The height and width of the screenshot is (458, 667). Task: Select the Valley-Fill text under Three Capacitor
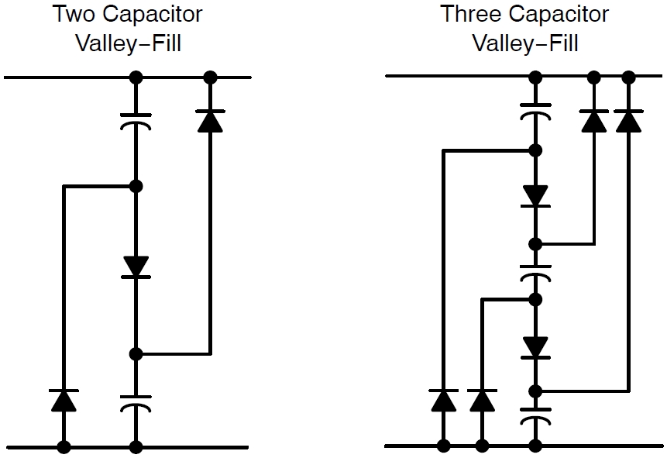click(524, 43)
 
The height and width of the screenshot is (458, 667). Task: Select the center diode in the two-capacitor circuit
click(136, 266)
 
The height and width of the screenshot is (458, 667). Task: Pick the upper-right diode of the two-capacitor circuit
click(209, 121)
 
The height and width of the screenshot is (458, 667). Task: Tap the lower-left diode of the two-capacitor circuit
click(64, 400)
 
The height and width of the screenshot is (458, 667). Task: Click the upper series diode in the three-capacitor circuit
click(534, 195)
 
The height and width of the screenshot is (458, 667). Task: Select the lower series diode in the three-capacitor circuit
click(534, 346)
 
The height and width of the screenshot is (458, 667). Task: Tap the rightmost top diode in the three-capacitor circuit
click(628, 121)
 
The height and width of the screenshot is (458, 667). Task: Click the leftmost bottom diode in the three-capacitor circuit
click(443, 400)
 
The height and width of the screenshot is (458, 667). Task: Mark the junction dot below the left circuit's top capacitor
click(136, 186)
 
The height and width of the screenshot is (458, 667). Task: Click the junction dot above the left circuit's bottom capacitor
click(136, 354)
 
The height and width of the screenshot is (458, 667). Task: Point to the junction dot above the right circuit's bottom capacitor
click(534, 390)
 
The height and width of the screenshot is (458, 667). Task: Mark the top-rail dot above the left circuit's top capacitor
click(136, 77)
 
